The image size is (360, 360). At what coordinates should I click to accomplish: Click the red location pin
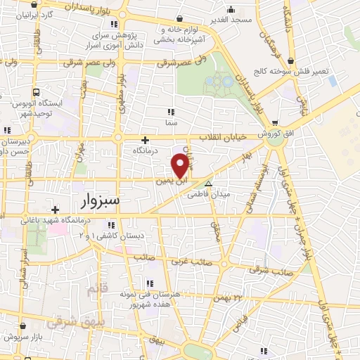coord(181,165)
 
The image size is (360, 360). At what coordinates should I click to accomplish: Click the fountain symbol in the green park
coord(219,82)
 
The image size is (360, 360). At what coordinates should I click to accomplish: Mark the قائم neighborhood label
coord(97,289)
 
